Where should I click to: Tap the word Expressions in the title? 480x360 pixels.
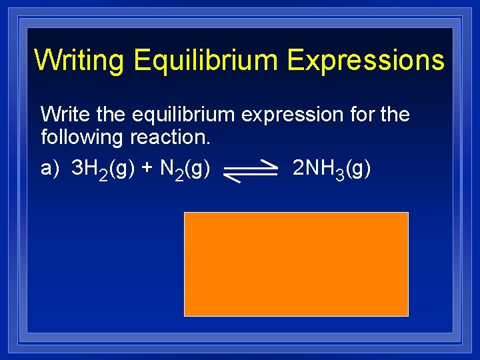pyautogui.click(x=366, y=60)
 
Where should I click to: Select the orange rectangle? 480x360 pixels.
pyautogui.click(x=296, y=264)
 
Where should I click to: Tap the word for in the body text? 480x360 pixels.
pyautogui.click(x=361, y=114)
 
